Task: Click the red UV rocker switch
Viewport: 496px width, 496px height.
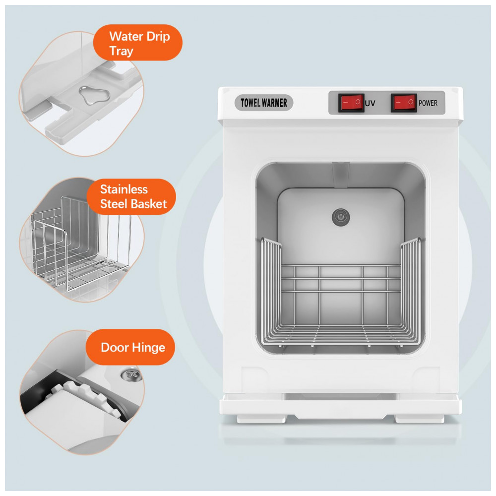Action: [351, 103]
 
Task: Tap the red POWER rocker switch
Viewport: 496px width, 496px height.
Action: [404, 103]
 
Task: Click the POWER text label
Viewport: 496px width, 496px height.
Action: [428, 103]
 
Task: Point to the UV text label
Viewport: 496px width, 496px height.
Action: [370, 103]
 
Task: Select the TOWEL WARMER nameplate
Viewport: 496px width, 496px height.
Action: [264, 103]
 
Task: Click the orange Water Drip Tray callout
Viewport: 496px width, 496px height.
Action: [138, 43]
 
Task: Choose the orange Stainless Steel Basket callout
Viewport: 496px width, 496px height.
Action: [131, 196]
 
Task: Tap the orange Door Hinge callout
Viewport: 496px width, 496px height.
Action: [130, 347]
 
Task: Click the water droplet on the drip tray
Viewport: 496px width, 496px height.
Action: [94, 95]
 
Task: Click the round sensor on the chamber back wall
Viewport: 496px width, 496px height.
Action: [341, 217]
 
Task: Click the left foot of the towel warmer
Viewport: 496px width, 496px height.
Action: [262, 419]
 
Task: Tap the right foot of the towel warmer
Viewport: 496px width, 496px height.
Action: [420, 419]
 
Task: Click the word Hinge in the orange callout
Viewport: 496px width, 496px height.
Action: [149, 348]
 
